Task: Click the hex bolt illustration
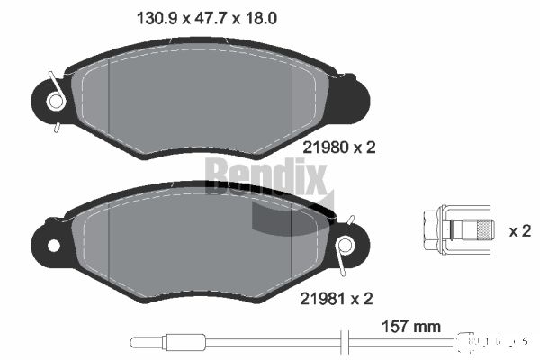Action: point(457,229)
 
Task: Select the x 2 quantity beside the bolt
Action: point(519,231)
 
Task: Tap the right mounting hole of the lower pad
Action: point(343,245)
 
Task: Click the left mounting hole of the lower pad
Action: point(53,245)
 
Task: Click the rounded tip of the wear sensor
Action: point(136,342)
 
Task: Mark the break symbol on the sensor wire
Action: point(341,342)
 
